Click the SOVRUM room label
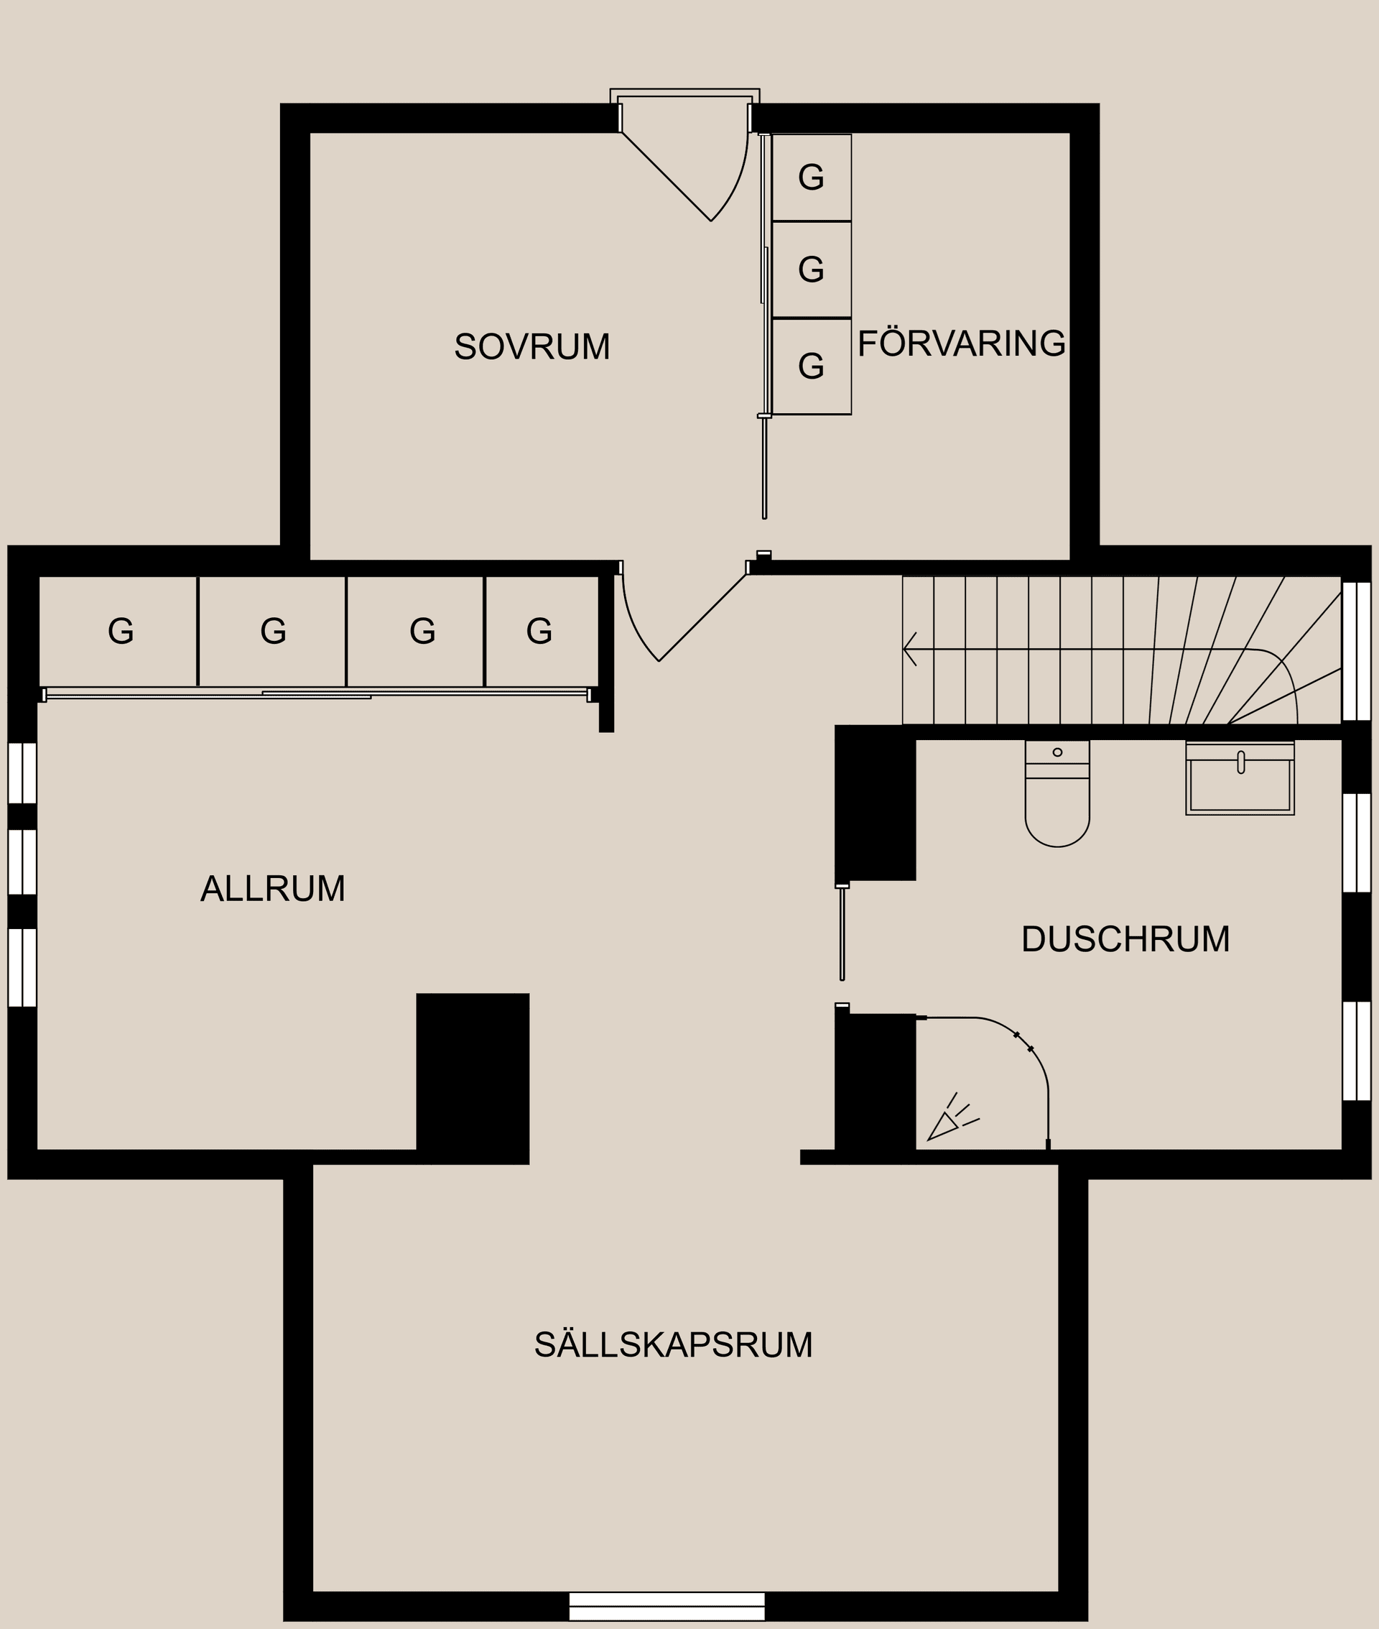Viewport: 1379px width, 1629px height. click(x=531, y=346)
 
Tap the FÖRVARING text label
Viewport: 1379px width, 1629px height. click(x=961, y=343)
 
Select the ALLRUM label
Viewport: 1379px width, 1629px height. click(x=273, y=888)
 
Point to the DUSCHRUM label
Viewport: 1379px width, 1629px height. click(x=1125, y=939)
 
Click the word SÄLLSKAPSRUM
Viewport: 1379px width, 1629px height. click(x=673, y=1345)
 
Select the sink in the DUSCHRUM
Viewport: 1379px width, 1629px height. click(x=1240, y=780)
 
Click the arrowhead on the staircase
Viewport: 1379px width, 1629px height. click(x=909, y=649)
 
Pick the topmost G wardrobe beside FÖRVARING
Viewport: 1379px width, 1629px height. click(x=812, y=177)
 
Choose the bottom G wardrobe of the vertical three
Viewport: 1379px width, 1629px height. click(x=812, y=366)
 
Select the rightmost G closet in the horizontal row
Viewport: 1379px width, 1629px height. click(x=540, y=631)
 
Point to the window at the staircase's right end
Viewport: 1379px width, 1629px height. click(x=1355, y=650)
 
